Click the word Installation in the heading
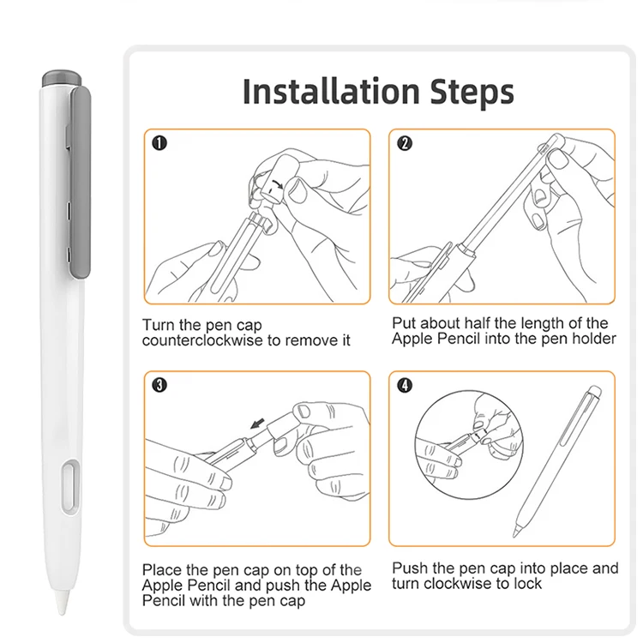tap(331, 92)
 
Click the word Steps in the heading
tap(472, 93)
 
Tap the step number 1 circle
tap(159, 143)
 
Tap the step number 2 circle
tap(405, 143)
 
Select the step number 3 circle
tap(159, 385)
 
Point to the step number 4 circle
tap(405, 385)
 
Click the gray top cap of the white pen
tap(62, 78)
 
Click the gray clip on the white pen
tap(81, 183)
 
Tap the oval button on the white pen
tap(70, 487)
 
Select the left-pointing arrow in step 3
tap(257, 424)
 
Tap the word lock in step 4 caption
tap(529, 584)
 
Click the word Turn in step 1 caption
tap(159, 325)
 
